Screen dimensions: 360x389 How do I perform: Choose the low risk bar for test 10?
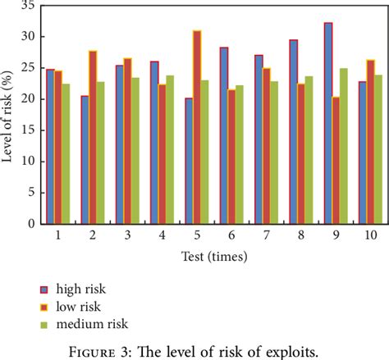pos(370,164)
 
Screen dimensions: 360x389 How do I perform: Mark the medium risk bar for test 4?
pos(171,172)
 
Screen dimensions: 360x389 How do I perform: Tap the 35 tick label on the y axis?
pos(27,6)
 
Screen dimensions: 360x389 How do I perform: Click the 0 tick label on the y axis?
pos(30,223)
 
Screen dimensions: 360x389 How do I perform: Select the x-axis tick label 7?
pos(268,235)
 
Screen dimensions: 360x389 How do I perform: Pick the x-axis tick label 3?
pos(127,235)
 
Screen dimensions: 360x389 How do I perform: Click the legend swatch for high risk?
pos(45,289)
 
